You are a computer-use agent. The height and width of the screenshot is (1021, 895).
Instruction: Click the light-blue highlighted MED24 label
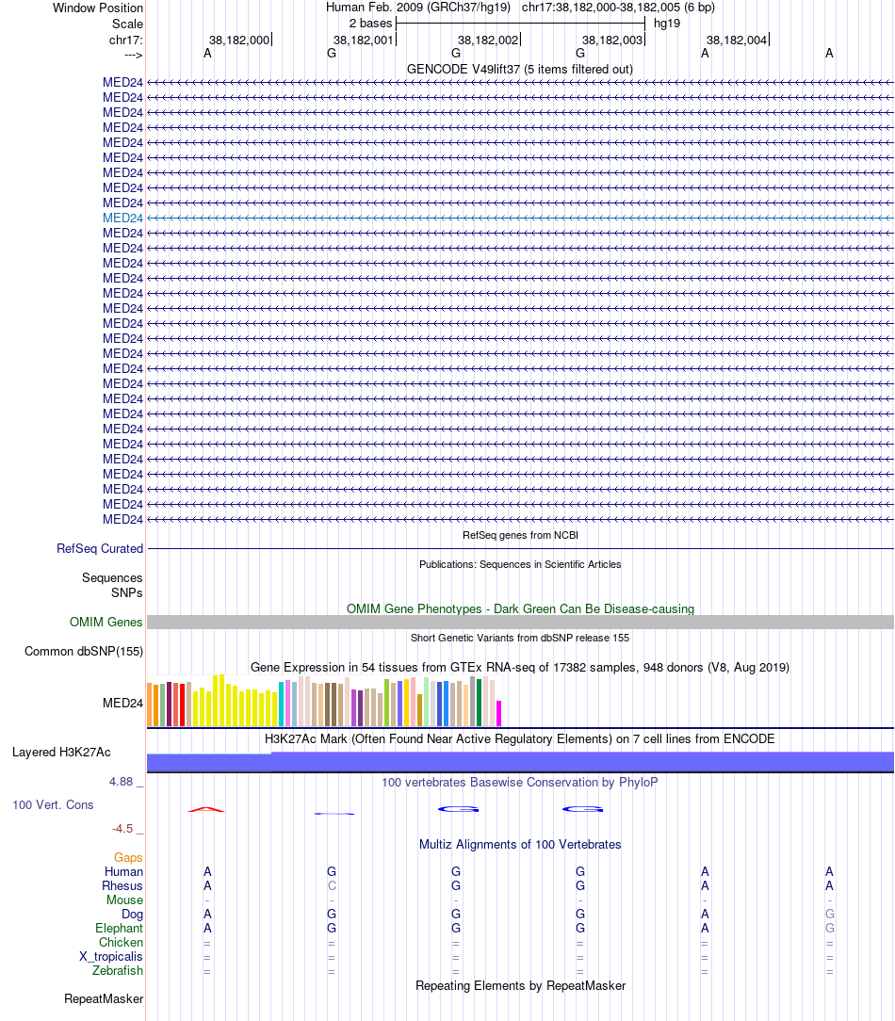(x=122, y=218)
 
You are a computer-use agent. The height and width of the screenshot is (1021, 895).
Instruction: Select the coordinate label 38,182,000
(x=239, y=41)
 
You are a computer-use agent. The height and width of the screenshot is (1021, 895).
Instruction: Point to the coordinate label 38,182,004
(x=737, y=41)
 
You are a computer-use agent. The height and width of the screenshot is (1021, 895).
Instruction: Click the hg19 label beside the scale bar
(x=667, y=23)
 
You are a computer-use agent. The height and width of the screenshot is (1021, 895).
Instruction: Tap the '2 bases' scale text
(x=370, y=23)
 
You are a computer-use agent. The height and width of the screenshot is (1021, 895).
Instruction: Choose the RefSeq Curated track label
(x=100, y=549)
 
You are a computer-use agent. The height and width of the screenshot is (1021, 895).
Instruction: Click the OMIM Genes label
(x=106, y=623)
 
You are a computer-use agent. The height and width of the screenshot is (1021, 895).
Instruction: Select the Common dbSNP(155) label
(x=84, y=652)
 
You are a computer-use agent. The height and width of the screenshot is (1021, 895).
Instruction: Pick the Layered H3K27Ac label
(x=61, y=753)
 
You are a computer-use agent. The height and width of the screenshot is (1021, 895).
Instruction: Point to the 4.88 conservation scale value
(x=122, y=782)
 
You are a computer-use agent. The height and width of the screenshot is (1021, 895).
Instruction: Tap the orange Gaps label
(x=128, y=858)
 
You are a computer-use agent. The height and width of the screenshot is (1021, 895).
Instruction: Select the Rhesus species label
(x=122, y=886)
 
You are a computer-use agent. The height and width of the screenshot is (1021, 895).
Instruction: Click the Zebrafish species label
(x=118, y=971)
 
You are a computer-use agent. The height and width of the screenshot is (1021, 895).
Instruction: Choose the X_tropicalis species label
(x=111, y=957)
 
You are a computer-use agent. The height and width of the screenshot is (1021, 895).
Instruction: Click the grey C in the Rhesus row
(x=332, y=886)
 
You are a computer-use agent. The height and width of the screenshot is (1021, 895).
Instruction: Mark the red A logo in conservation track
(x=206, y=809)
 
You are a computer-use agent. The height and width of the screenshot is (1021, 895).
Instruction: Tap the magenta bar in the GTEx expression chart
(x=499, y=713)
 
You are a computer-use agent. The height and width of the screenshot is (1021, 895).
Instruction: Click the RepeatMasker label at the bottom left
(x=104, y=999)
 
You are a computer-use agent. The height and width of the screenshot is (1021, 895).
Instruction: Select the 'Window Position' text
(x=98, y=8)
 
